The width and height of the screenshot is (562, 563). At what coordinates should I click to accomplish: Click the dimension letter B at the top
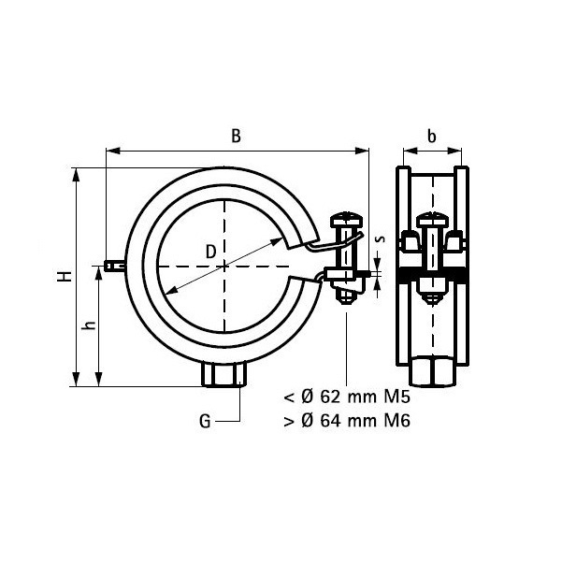pos(238,136)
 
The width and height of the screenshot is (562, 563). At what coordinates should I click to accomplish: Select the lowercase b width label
pos(431,136)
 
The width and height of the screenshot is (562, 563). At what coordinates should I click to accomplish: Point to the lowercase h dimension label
pos(89,325)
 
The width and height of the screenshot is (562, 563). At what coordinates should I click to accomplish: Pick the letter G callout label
pos(205,422)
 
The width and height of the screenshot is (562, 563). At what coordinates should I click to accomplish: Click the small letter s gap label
pos(378,239)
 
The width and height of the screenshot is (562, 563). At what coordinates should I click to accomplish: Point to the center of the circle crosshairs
pos(224,267)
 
